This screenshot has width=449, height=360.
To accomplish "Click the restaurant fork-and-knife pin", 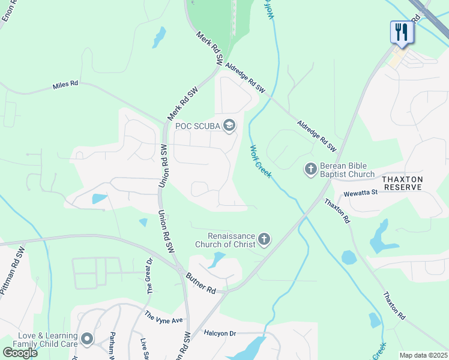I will point(402,32).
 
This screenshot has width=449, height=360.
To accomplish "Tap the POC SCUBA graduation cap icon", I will point(229,125).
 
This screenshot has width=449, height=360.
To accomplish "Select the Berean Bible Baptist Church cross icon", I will point(310,169).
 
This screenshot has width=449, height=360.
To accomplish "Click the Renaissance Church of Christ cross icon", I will point(263,240).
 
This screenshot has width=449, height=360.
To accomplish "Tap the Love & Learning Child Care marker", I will point(87,340).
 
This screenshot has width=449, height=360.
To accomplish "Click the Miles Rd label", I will point(65,85).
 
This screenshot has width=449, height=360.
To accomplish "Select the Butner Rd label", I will point(201,282).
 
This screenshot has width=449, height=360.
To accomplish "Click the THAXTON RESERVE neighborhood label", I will point(402,183).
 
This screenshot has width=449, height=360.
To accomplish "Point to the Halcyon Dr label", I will point(220,333).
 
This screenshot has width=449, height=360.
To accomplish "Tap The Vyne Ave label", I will point(163,317).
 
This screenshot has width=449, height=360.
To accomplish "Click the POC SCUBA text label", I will point(197,125).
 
